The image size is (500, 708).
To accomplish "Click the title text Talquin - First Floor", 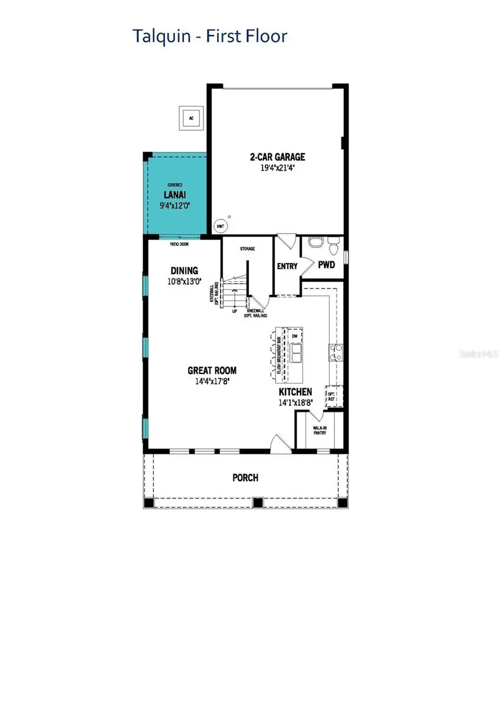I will (x=210, y=37).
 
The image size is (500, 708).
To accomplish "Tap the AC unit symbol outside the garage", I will (x=190, y=118).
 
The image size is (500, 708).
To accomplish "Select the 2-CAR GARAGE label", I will (x=277, y=157).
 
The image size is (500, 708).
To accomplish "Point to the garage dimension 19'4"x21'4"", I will (x=277, y=168).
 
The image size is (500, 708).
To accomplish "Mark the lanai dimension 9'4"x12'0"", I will (x=175, y=205).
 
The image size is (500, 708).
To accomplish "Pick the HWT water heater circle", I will (x=219, y=226).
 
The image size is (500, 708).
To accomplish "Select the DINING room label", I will (x=185, y=270).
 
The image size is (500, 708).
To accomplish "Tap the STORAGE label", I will (x=247, y=249).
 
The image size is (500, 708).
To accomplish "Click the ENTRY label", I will (x=287, y=267).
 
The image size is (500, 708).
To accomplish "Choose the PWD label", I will (x=326, y=265).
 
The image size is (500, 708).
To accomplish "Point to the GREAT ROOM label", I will (x=212, y=371).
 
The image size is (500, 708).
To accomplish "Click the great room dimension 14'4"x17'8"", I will (x=212, y=381).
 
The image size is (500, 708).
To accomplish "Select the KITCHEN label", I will (x=295, y=392).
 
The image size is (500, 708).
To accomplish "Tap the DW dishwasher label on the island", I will (x=295, y=336).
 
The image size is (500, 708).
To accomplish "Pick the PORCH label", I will (x=245, y=477).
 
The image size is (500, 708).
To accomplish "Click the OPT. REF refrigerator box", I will (x=331, y=395).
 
